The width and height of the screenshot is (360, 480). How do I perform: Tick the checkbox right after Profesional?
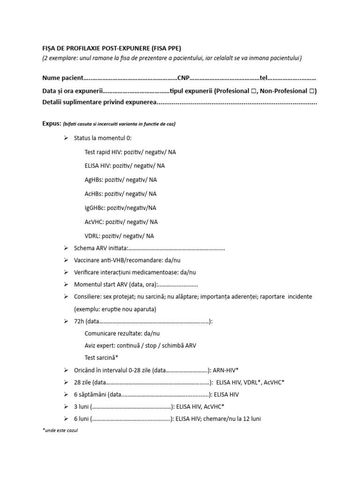tap(253, 91)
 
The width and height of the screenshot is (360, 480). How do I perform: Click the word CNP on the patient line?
tap(183, 78)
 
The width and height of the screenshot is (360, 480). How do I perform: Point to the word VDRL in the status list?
tap(92, 236)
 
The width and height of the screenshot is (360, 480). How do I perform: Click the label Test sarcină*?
tap(101, 358)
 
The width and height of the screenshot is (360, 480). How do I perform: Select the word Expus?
tap(51, 124)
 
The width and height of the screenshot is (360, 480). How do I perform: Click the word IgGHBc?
tap(95, 208)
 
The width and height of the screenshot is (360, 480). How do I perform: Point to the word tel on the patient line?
tap(263, 78)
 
